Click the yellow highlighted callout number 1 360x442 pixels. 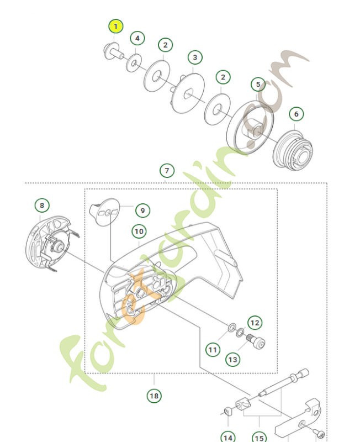coord(115,27)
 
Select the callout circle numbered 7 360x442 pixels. coord(166,170)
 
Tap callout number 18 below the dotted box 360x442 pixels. coord(154,396)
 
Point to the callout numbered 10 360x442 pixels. coord(139,230)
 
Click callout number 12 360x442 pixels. coord(254,322)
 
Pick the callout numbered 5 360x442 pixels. coord(258,85)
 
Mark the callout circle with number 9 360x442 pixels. coord(142,211)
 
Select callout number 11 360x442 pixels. coord(213,349)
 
